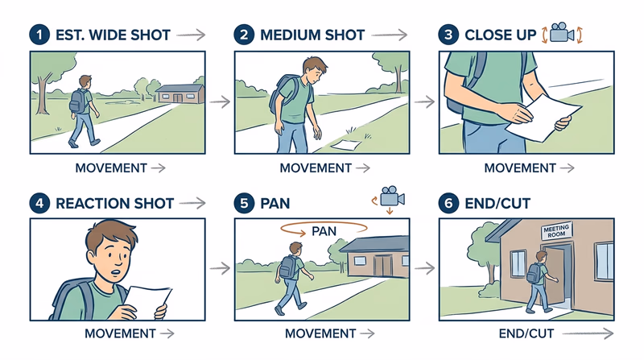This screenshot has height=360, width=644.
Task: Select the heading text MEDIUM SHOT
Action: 312,35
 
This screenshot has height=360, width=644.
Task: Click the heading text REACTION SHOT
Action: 114,203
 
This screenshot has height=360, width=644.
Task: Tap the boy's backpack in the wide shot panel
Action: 79,101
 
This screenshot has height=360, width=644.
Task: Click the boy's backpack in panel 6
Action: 533,274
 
